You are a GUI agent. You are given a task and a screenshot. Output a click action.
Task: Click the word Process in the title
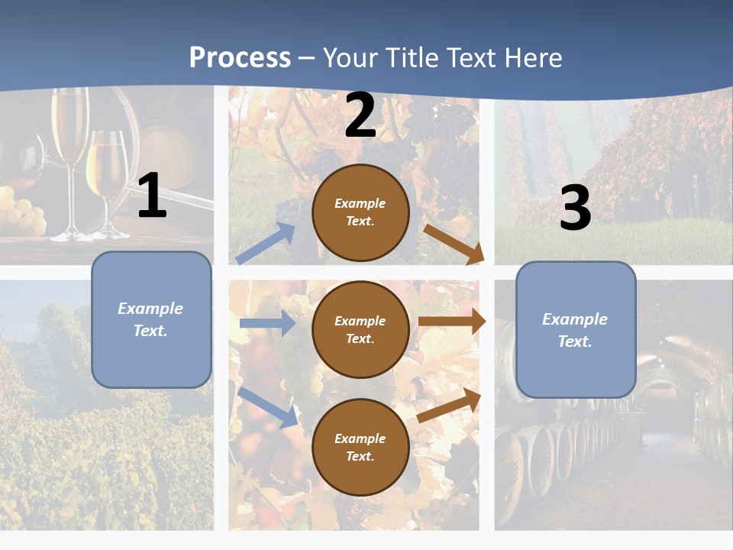pos(240,58)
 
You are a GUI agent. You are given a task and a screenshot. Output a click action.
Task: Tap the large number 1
pos(152,196)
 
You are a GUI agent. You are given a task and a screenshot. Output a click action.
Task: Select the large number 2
pos(360,115)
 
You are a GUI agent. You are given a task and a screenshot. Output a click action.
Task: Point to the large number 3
pos(575,208)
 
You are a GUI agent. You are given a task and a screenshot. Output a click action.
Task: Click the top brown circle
pos(360,212)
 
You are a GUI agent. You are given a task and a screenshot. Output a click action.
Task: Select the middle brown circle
pos(360,329)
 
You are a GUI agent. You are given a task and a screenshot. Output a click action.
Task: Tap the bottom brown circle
pos(360,447)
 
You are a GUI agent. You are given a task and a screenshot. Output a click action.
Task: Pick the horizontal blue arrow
pos(267,323)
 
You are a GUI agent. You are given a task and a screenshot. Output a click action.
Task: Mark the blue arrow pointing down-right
pos(267,407)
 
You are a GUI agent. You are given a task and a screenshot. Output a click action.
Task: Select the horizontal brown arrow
pos(452,322)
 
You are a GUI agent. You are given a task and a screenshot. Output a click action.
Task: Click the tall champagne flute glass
pos(70,145)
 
